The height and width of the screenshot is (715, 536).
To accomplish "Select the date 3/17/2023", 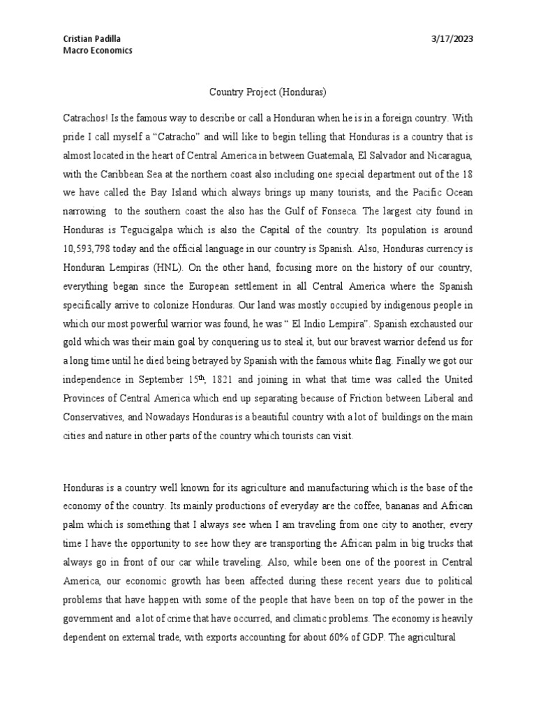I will [453, 39].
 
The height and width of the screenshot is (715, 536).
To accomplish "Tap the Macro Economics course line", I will [98, 50].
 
